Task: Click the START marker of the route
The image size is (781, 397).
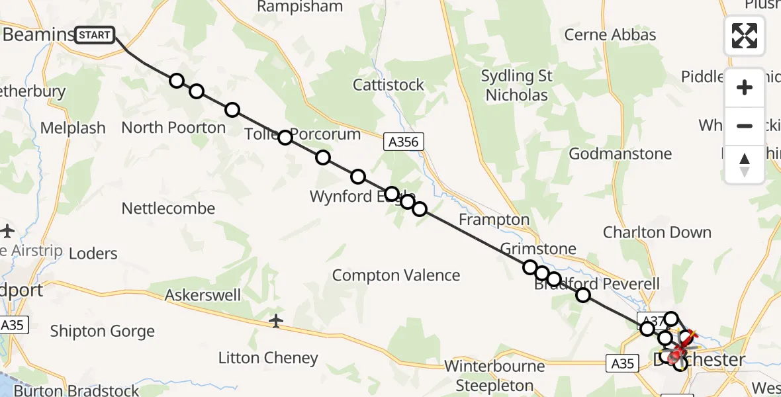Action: click(x=95, y=34)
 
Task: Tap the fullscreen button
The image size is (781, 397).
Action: click(x=745, y=36)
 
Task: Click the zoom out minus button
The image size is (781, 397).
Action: click(x=745, y=126)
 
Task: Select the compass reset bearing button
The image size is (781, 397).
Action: click(x=745, y=165)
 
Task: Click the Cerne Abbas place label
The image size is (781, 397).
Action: click(x=610, y=35)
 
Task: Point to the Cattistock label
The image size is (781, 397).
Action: click(x=389, y=85)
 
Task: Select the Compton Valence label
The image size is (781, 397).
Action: click(x=396, y=275)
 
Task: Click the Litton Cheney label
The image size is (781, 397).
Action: click(x=268, y=358)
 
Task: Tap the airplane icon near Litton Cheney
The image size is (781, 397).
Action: click(x=276, y=321)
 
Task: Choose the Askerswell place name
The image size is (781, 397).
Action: click(x=203, y=295)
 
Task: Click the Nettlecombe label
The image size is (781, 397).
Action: click(x=168, y=208)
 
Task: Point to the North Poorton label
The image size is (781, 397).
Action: click(x=173, y=128)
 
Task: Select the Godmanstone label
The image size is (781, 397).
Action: click(x=620, y=154)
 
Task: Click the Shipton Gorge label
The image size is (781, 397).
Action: click(x=103, y=331)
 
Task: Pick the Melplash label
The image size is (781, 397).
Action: click(x=73, y=128)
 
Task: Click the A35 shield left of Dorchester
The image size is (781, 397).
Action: click(x=622, y=363)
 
